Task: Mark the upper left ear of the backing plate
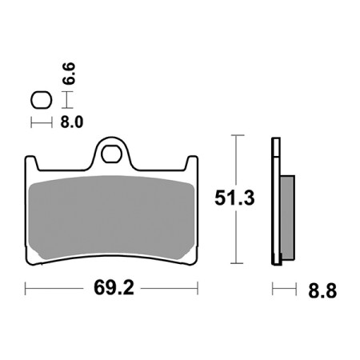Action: [x=31, y=163]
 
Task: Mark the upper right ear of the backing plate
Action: [x=192, y=163]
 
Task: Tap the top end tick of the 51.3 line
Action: [x=236, y=137]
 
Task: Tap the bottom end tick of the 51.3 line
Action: [x=236, y=263]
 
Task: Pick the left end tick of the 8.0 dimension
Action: [x=31, y=122]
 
